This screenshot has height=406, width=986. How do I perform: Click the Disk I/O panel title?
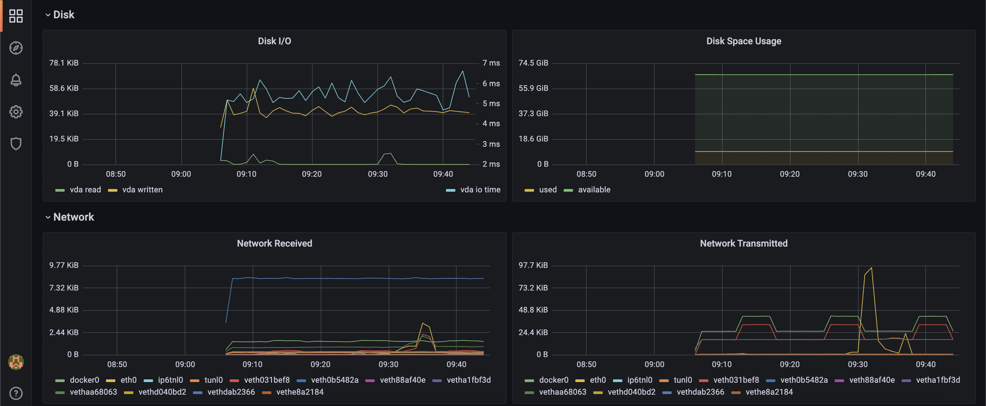point(274,41)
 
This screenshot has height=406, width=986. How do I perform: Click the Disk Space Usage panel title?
point(743,41)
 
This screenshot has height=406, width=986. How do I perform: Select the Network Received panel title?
point(274,243)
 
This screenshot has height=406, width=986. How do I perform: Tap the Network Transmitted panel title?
point(743,243)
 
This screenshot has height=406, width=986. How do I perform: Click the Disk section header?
point(64,15)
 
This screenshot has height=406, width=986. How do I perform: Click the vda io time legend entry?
point(480,190)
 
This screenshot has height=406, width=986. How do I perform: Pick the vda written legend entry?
point(142,190)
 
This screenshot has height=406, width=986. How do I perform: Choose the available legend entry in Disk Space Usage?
point(594,190)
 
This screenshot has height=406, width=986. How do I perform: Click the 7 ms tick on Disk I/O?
point(491,63)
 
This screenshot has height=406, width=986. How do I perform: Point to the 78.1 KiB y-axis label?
point(64,63)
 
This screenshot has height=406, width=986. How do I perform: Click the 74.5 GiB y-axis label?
point(533,63)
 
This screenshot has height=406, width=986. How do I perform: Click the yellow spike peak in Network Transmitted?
point(872,268)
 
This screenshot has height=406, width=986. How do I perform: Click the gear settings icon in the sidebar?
point(16,111)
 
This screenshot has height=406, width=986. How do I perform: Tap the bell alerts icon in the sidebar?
point(16,80)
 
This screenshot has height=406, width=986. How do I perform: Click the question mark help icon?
point(16,393)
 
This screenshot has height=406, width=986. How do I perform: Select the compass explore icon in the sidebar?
point(16,48)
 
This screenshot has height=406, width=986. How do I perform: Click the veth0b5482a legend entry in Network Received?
point(334,380)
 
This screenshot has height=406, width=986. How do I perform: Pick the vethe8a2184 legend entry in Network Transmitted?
point(769,392)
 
